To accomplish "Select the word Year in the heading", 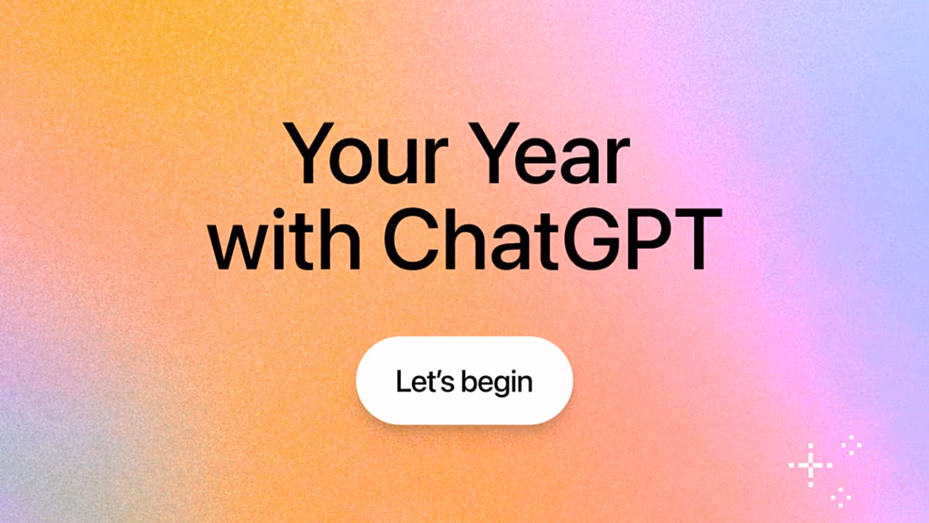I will (x=550, y=155).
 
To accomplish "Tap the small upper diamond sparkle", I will (x=852, y=444).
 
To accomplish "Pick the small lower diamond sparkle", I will (x=841, y=497).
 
